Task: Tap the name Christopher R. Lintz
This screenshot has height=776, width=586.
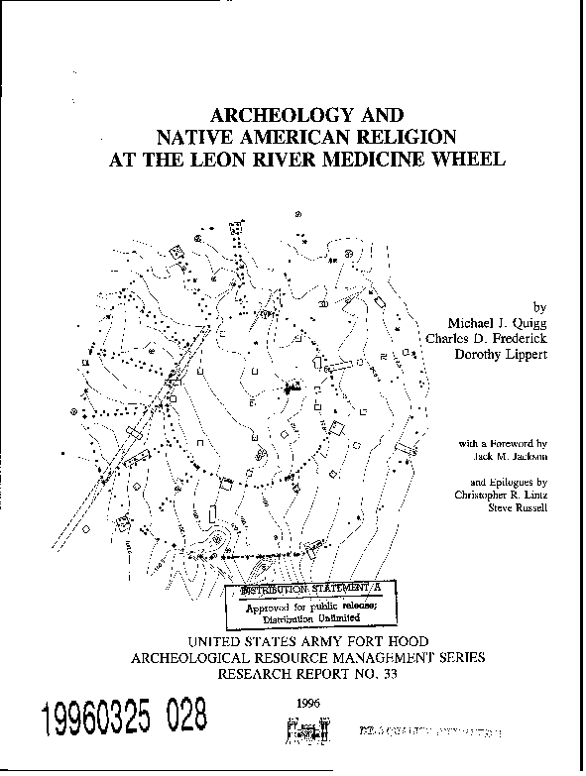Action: tap(501, 495)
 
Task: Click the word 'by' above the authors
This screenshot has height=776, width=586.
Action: tap(539, 308)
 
